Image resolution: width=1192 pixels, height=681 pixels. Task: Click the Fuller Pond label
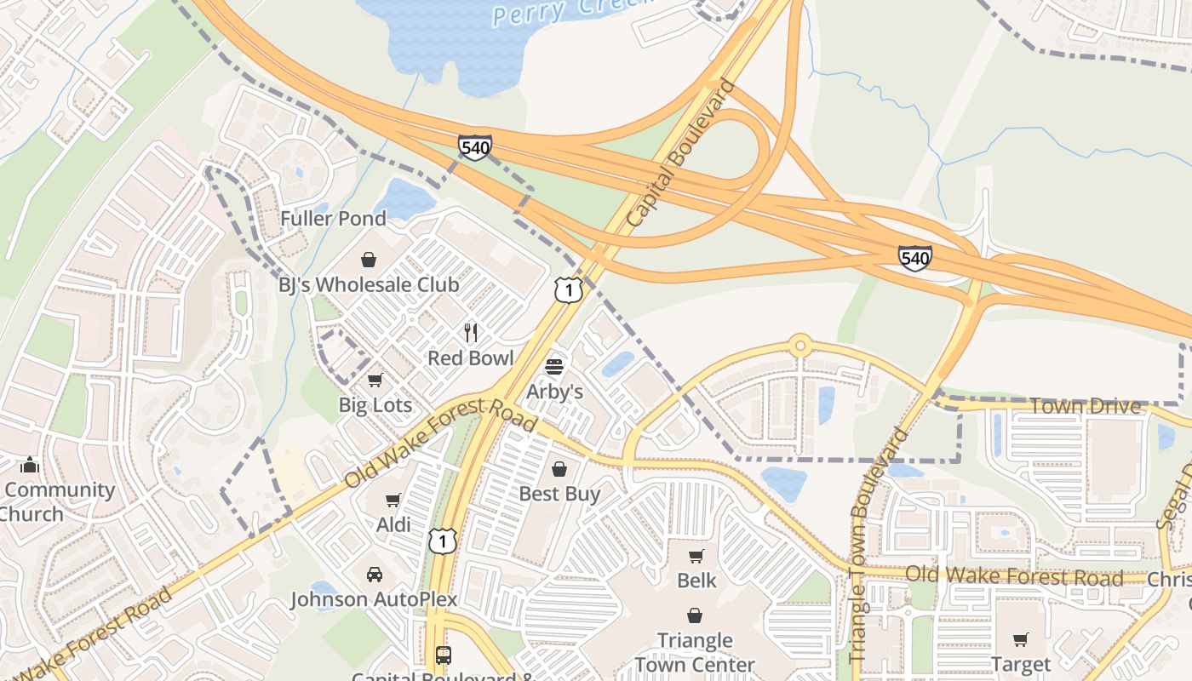pos(334,219)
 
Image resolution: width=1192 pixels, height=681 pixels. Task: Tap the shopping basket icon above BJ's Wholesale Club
pos(369,259)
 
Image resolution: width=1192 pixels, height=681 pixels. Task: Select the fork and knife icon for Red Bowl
pos(471,332)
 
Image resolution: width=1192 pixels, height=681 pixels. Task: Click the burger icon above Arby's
pos(554,367)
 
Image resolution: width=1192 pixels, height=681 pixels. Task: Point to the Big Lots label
pos(375,405)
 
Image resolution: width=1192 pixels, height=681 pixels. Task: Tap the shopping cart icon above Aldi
pos(393,500)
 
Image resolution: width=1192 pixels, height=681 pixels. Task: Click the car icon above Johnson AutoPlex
pos(375,575)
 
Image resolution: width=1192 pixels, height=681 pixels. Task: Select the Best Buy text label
pos(559,494)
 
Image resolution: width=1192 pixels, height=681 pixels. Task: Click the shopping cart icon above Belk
pos(696,557)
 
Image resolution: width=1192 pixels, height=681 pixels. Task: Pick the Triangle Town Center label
pos(695,652)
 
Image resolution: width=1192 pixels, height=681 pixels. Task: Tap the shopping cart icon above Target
pos(1021,639)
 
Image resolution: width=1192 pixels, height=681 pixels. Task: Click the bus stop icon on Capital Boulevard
pos(443,655)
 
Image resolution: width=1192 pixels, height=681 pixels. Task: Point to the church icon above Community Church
pos(30,465)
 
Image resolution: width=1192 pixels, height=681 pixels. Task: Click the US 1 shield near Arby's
pos(569,289)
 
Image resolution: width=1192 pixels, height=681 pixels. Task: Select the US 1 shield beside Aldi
pos(443,540)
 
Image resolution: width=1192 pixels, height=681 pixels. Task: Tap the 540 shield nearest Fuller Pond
pos(474,147)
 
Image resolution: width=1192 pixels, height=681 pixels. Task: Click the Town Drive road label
pos(1085,406)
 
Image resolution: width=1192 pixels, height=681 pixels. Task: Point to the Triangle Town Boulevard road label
pos(876,545)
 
